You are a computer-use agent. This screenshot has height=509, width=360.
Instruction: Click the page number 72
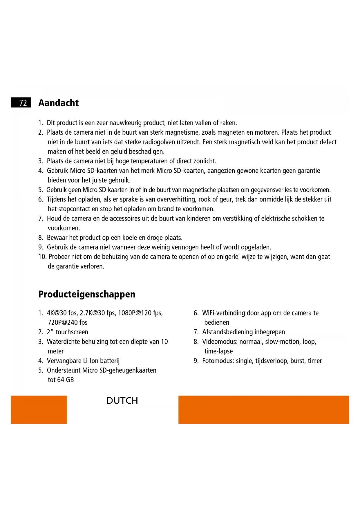click(x=23, y=103)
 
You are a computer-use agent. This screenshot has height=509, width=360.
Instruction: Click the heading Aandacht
click(x=58, y=103)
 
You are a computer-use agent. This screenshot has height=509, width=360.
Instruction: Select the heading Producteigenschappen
click(x=87, y=294)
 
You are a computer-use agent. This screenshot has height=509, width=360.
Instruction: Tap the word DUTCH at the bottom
click(x=122, y=400)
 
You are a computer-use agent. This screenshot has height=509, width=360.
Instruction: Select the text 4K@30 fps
click(x=62, y=313)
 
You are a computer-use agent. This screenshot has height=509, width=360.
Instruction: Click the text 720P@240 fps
click(x=68, y=322)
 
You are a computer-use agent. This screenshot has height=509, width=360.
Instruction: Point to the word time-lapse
click(x=218, y=351)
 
